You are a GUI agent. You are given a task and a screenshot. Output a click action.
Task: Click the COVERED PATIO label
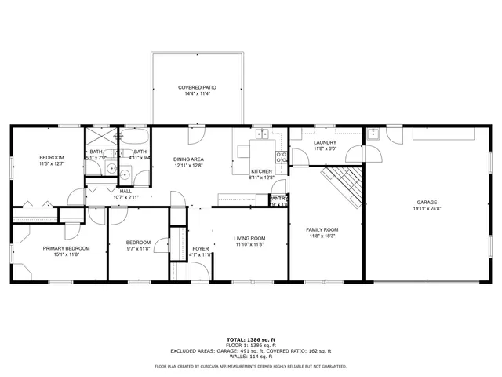coord(197,87)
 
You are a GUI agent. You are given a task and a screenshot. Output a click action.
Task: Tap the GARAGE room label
coord(427,202)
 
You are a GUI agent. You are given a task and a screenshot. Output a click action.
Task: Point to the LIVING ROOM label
coord(249,238)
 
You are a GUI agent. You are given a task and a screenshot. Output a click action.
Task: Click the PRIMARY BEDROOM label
coord(66,248)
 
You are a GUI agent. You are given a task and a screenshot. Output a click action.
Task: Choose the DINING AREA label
coord(188,159)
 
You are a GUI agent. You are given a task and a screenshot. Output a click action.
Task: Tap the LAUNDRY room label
coord(325,142)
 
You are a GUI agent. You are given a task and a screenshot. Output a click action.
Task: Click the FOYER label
coord(201,248)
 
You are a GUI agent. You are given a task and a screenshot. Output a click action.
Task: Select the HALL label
coord(125,191)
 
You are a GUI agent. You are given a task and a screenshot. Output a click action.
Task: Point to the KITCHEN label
coord(261,171)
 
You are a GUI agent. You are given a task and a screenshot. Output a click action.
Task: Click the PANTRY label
coord(278,199)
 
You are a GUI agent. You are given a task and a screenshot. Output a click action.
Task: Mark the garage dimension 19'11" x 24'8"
coord(427,208)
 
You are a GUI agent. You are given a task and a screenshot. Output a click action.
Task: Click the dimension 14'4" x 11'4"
coord(197,93)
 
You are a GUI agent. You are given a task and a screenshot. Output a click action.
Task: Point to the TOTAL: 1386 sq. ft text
coord(251,339)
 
